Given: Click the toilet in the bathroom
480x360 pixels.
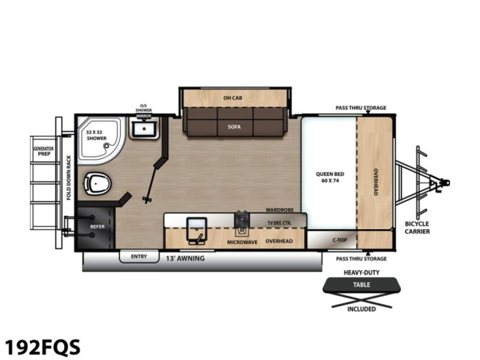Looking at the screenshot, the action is (x=97, y=184).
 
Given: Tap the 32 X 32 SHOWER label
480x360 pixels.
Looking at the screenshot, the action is (x=97, y=136).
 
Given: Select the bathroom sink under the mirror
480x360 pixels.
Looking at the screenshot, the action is (x=144, y=130).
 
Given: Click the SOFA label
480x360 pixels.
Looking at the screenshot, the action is (x=234, y=127).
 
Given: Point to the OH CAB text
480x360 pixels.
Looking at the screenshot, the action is (x=233, y=98).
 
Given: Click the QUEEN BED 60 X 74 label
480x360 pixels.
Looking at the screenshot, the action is (x=330, y=177).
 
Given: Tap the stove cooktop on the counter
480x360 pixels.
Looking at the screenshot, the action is (x=242, y=220).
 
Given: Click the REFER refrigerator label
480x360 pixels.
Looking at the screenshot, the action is (x=97, y=227).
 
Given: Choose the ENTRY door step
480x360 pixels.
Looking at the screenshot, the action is (x=139, y=257).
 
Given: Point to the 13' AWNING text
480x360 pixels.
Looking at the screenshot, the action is (x=185, y=259).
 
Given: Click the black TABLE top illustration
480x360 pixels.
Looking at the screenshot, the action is (x=362, y=285).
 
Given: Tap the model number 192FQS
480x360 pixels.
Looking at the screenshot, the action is (x=42, y=347).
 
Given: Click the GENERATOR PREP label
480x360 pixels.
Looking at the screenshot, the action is (x=43, y=151).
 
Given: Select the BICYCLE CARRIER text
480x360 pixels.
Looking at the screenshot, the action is (x=417, y=228).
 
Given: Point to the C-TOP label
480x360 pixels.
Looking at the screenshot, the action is (x=340, y=240).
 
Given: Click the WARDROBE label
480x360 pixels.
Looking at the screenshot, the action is (x=280, y=210).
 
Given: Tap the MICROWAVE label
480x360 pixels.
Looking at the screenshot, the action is (x=242, y=242).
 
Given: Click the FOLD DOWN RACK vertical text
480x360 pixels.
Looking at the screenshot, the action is (x=68, y=178).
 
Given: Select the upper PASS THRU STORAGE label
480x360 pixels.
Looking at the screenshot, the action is (x=361, y=108).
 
